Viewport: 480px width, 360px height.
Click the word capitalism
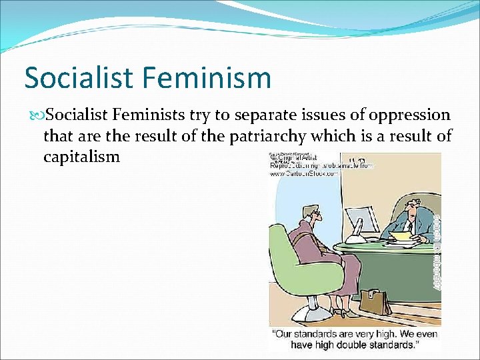coord(81,157)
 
